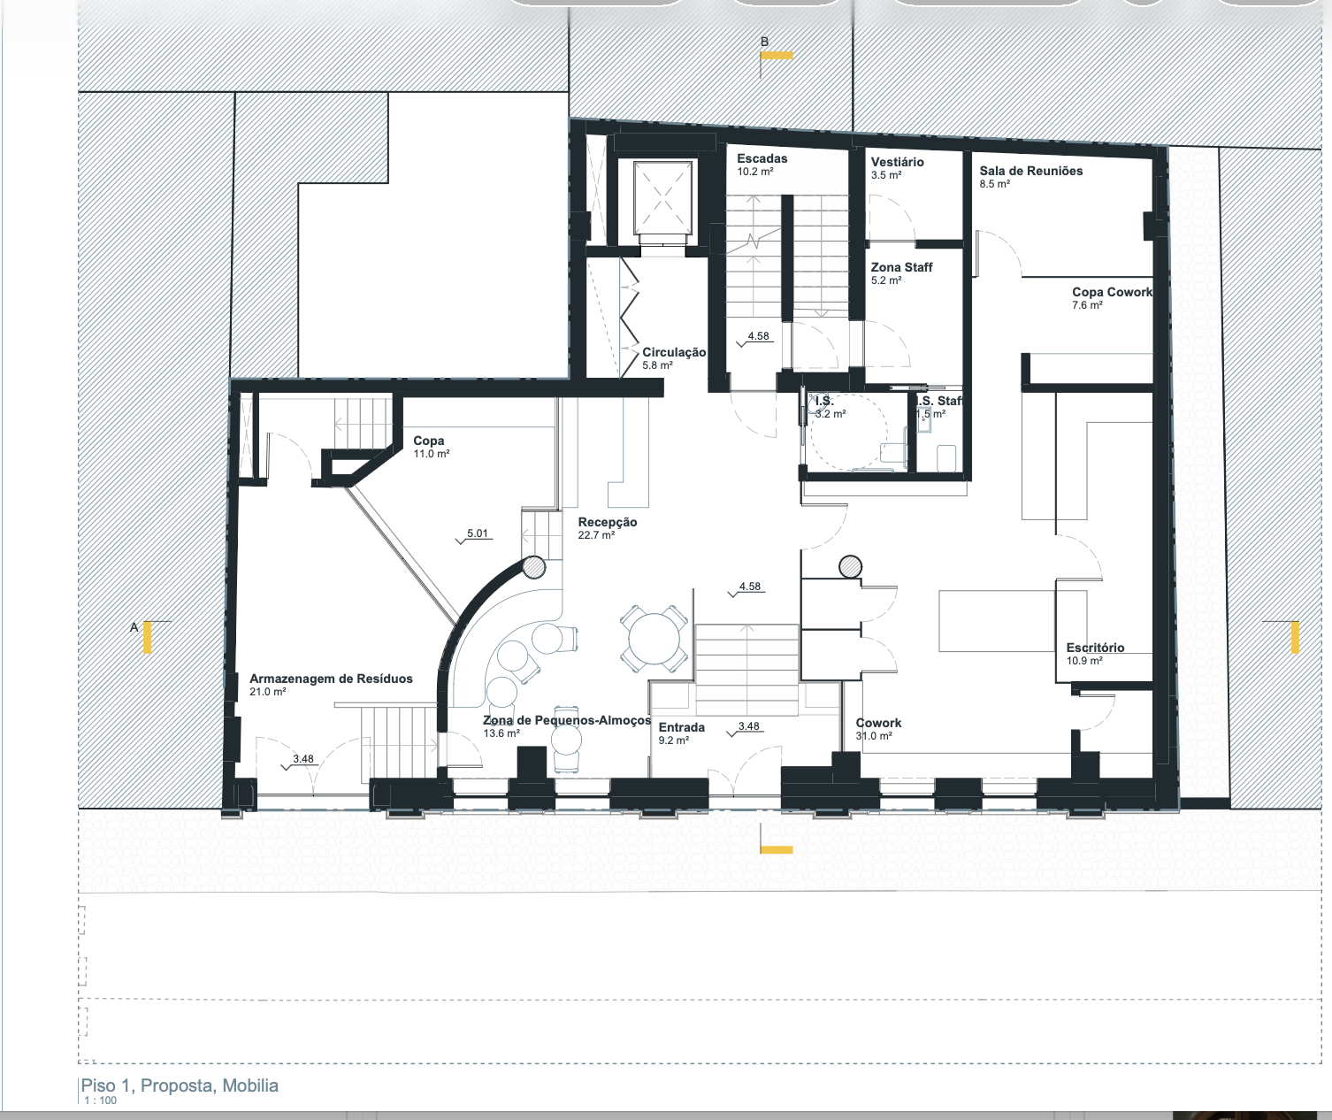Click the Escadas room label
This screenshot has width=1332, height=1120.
pyautogui.click(x=762, y=158)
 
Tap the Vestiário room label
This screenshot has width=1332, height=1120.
pyautogui.click(x=897, y=162)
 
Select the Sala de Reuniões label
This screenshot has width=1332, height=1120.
pyautogui.click(x=1031, y=171)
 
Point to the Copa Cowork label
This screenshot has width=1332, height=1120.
pyautogui.click(x=1112, y=292)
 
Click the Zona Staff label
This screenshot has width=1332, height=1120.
pyautogui.click(x=901, y=267)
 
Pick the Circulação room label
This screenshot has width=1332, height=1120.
pyautogui.click(x=674, y=352)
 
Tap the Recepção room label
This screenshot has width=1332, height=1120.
pyautogui.click(x=608, y=522)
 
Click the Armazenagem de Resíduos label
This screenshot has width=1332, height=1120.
pyautogui.click(x=331, y=679)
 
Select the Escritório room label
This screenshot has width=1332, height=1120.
pyautogui.click(x=1095, y=648)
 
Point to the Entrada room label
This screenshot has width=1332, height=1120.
pyautogui.click(x=681, y=727)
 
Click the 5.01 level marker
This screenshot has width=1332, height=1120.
pyautogui.click(x=475, y=535)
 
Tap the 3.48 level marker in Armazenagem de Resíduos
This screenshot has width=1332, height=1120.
pyautogui.click(x=300, y=761)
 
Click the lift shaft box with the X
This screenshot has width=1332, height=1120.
pyautogui.click(x=662, y=198)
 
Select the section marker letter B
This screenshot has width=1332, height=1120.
pyautogui.click(x=764, y=42)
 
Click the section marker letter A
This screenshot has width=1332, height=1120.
pyautogui.click(x=134, y=627)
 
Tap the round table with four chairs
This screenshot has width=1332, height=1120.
pyautogui.click(x=654, y=639)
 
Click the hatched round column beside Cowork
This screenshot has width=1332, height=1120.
pyautogui.click(x=850, y=566)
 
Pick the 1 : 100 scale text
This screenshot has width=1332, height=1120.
pyautogui.click(x=101, y=1101)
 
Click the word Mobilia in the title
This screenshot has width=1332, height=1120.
pyautogui.click(x=250, y=1085)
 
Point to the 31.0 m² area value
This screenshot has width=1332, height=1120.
pyautogui.click(x=874, y=736)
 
